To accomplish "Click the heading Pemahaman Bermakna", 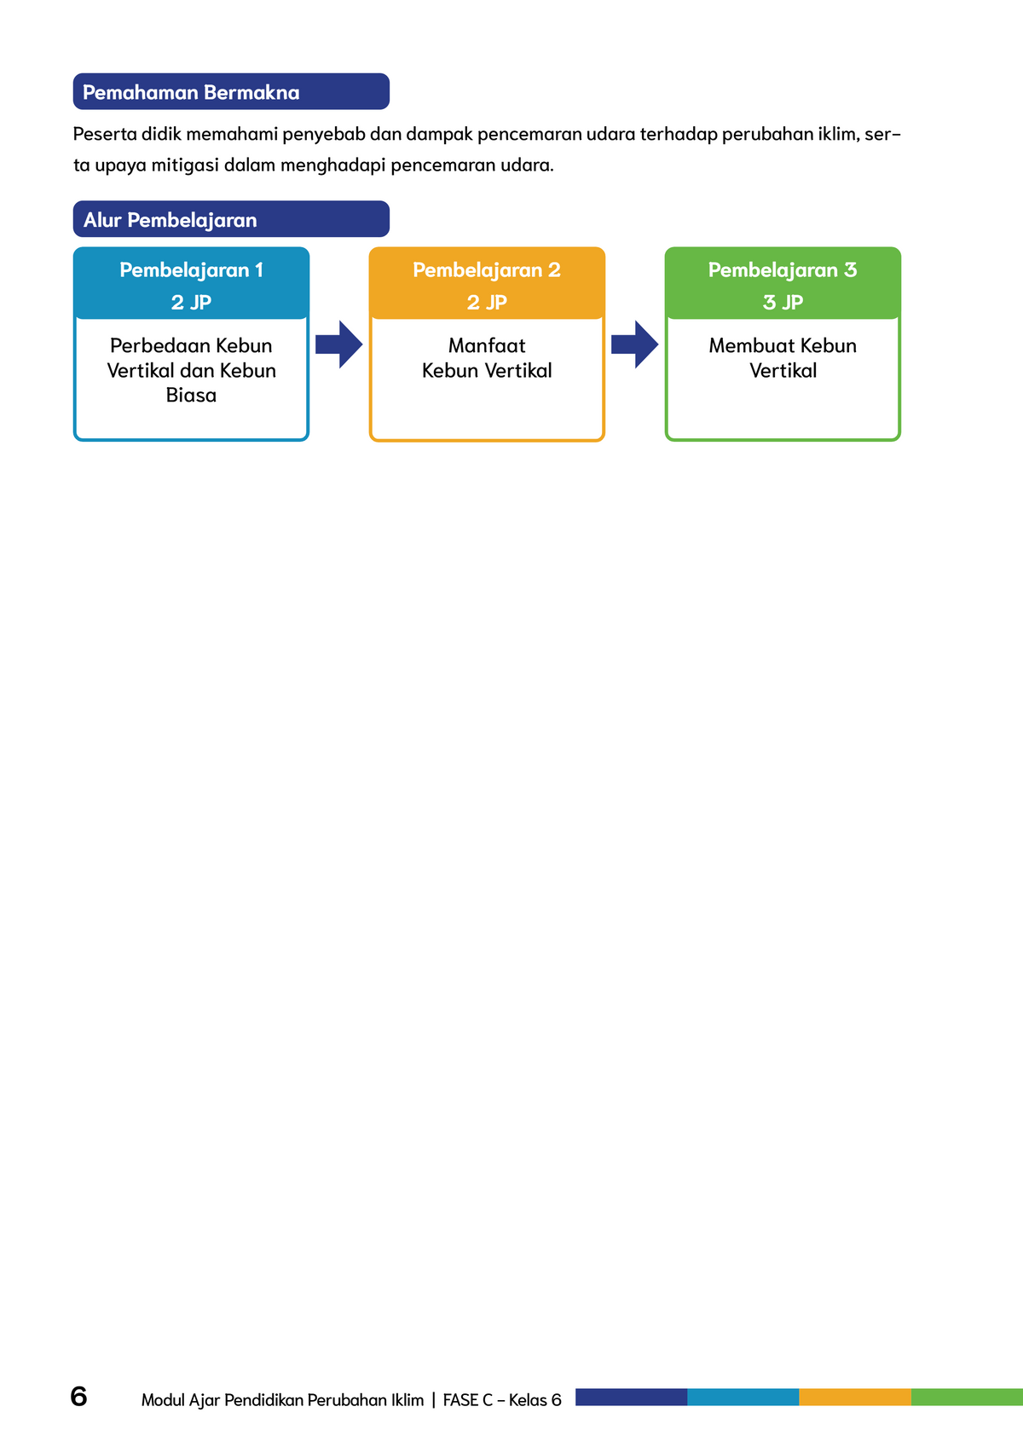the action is point(191,92).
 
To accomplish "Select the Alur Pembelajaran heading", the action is point(170,220).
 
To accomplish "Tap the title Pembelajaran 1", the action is point(191,270).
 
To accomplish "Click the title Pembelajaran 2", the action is point(486,270).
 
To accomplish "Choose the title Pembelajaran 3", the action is point(782,270).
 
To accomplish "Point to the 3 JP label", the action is point(783,303).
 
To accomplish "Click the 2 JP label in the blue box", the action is point(191,303).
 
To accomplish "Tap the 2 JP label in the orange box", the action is point(487,303).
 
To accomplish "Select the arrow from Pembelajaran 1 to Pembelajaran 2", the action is point(339,344).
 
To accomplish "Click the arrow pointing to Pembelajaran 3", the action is point(635,344).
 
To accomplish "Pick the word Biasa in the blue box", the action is point(191,395).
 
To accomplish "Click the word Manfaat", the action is point(487,345).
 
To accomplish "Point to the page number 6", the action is point(78,1397).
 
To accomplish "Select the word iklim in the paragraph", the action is point(839,134).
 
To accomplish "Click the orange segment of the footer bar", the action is point(855,1397).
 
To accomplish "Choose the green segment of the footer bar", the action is point(967,1397).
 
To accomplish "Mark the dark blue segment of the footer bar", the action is point(631,1397).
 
